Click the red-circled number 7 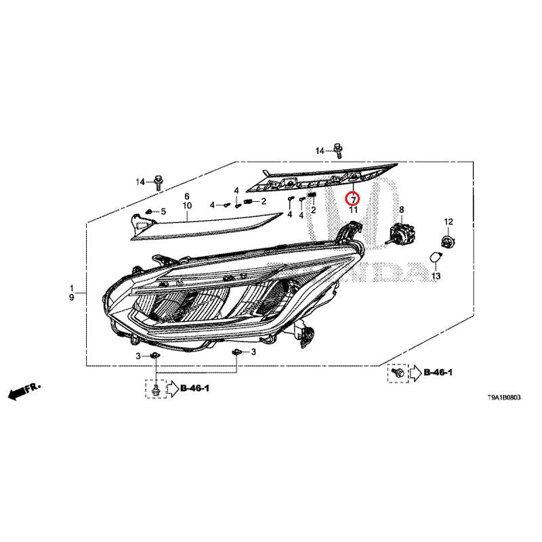353,199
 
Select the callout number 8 401,209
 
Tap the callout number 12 449,222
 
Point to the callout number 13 436,276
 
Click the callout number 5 163,211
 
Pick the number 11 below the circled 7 353,210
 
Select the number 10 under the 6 187,205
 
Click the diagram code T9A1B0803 503,398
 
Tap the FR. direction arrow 24,391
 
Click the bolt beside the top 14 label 337,150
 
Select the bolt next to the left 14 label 158,182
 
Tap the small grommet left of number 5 149,211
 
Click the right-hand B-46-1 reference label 438,372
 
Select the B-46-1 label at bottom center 194,388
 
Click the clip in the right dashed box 398,373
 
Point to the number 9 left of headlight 72,297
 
